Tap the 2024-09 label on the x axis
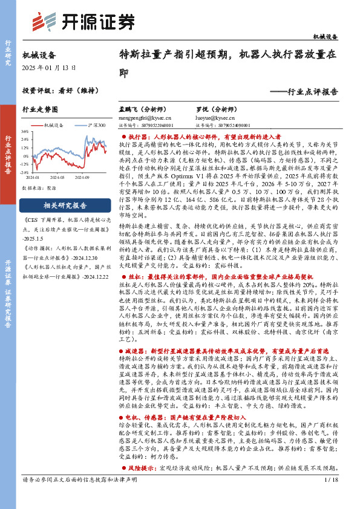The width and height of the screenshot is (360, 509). [82, 177]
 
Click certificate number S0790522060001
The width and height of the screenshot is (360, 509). [157, 125]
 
